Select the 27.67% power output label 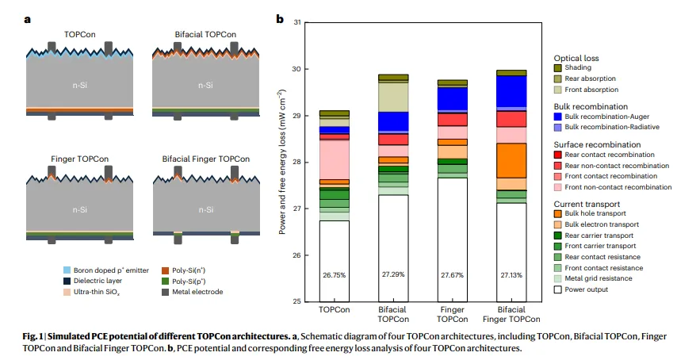pos(452,275)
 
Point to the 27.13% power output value pos(511,275)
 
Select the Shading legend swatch pos(557,68)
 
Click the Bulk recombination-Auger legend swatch pos(557,117)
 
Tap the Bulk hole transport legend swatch pos(557,213)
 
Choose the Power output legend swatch pos(557,289)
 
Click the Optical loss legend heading pos(576,57)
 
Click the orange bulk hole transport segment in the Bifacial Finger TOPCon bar pos(511,160)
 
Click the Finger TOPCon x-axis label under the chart pos(452,315)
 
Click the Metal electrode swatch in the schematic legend pos(166,292)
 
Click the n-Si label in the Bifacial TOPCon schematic pos(205,85)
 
